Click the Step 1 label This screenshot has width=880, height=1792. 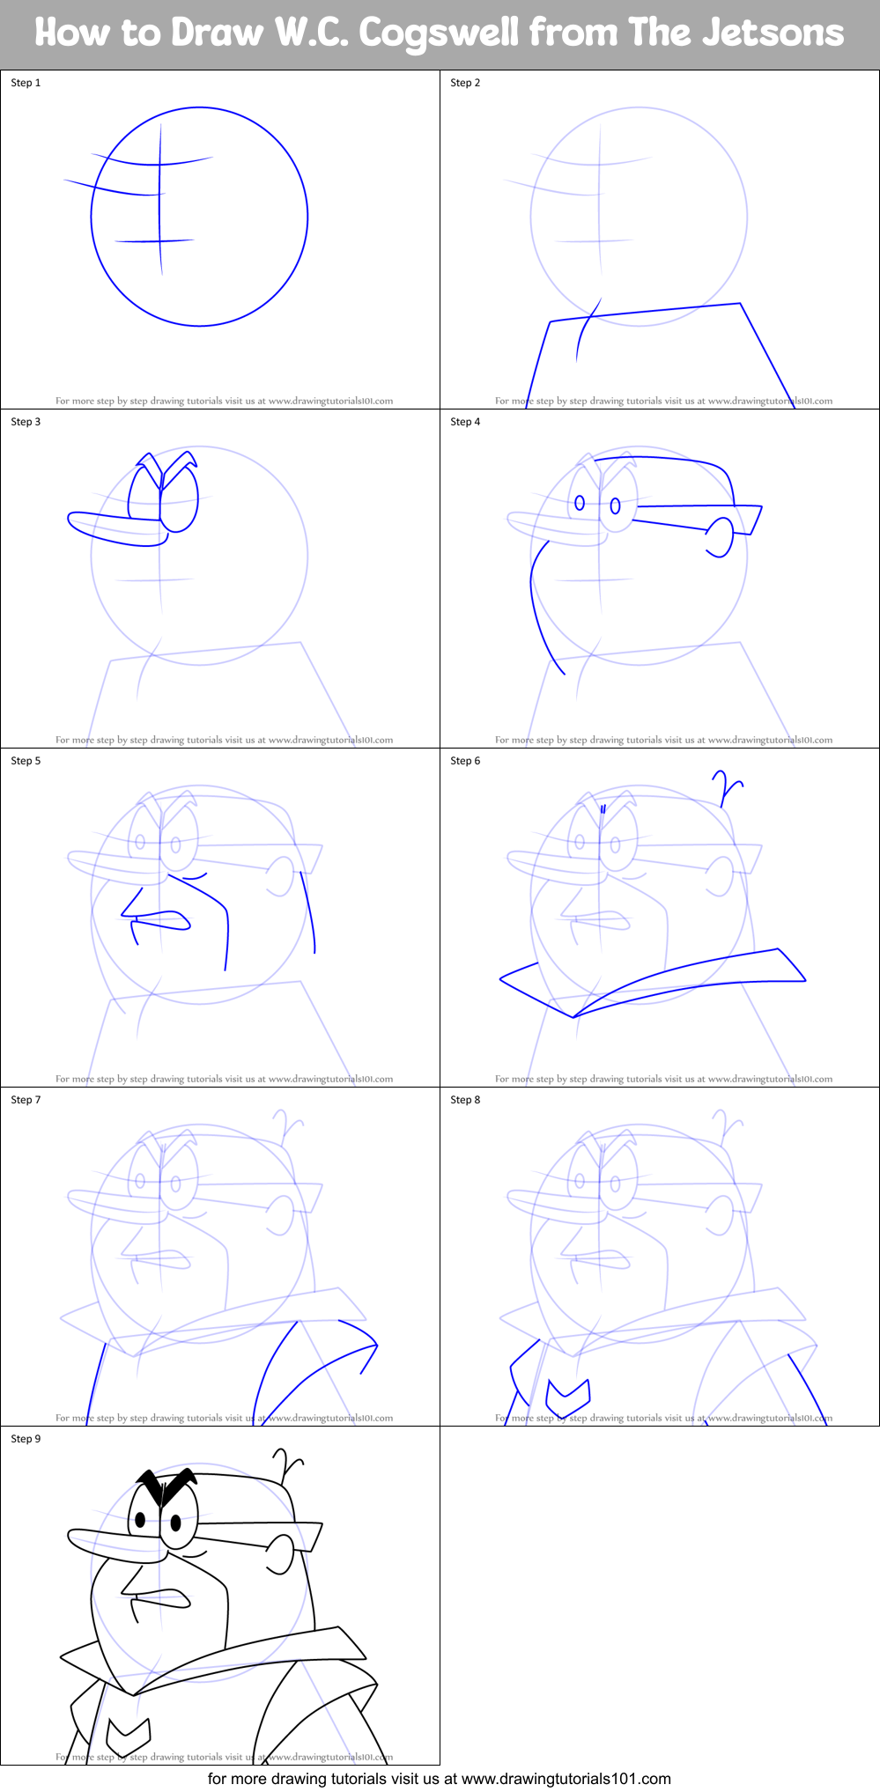26,83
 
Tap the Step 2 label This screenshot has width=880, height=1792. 465,83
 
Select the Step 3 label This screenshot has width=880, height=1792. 26,422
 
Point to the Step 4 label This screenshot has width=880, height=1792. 465,422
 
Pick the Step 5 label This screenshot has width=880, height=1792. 26,761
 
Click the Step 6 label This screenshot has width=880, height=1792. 465,761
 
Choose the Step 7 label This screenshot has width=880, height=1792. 26,1100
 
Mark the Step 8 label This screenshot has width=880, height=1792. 465,1100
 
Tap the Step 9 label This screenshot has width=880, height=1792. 26,1439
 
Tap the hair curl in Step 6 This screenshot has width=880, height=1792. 728,786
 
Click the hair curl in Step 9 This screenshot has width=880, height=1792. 287,1464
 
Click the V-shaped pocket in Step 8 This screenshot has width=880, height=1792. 568,1394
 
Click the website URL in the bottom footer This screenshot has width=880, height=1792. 566,1779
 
